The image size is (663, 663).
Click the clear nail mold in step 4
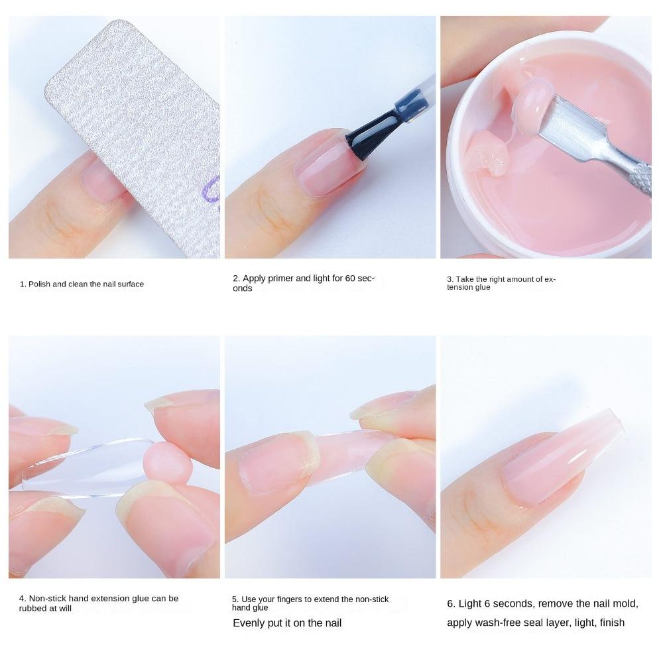(x=85, y=467)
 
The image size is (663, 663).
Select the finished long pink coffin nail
(x=562, y=457)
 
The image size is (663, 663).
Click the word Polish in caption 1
(x=39, y=284)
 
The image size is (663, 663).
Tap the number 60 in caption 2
(x=350, y=278)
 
